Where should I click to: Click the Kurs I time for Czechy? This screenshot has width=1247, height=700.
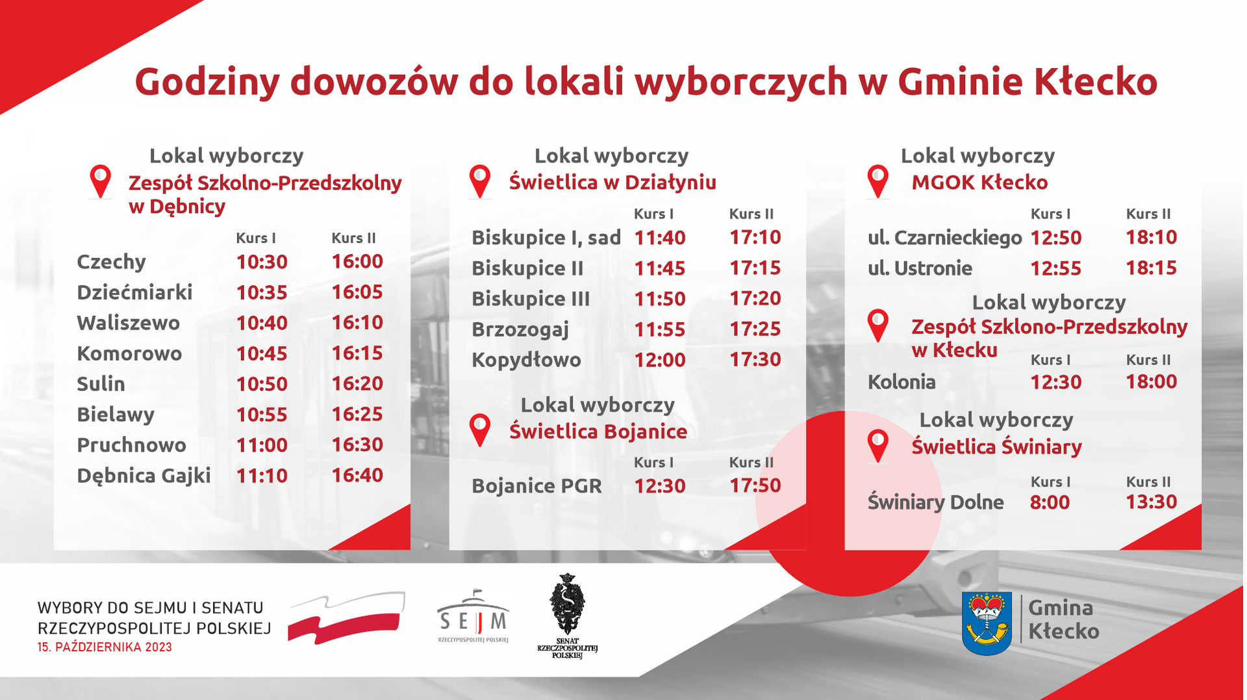262,262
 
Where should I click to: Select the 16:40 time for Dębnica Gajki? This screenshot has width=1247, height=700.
357,475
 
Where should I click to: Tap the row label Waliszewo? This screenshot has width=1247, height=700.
128,323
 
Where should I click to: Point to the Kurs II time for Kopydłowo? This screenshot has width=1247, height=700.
755,359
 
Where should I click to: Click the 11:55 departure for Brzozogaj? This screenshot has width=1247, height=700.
660,330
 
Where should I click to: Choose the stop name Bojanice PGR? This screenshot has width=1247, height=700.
536,486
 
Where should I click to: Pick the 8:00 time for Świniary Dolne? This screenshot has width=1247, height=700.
1050,502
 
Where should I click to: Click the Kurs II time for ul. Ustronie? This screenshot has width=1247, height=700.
1152,268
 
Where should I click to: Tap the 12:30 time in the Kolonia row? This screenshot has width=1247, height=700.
1056,382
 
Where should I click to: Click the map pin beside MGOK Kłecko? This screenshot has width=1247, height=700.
878,181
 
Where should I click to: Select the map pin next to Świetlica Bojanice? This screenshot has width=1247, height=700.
480,430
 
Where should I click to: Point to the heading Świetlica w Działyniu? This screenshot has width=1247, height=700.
612,183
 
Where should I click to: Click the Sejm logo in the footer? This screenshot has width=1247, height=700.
473,616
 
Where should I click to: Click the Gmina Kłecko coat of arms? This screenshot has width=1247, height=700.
987,623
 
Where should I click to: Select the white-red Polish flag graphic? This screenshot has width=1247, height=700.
347,617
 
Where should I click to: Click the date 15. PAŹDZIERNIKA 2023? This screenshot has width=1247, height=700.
105,647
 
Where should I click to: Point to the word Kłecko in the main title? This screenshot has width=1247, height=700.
1095,82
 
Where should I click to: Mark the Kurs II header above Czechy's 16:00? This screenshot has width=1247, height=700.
353,238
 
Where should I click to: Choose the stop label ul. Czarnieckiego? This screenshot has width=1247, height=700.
945,238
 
